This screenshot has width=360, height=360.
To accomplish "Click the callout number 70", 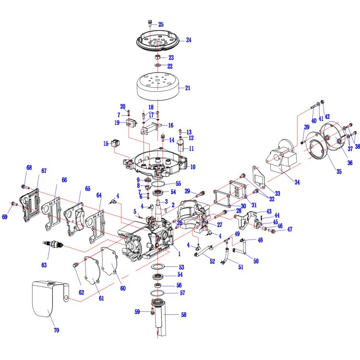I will (x=56, y=330).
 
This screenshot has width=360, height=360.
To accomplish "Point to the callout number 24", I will (x=189, y=40).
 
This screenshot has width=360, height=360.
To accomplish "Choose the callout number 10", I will (x=192, y=167).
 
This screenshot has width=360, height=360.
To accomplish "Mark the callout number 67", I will (x=44, y=171).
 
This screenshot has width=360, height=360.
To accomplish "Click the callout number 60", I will (x=123, y=288).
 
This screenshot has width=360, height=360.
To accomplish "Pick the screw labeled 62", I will (x=74, y=265).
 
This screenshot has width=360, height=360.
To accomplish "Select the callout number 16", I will (x=170, y=125).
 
